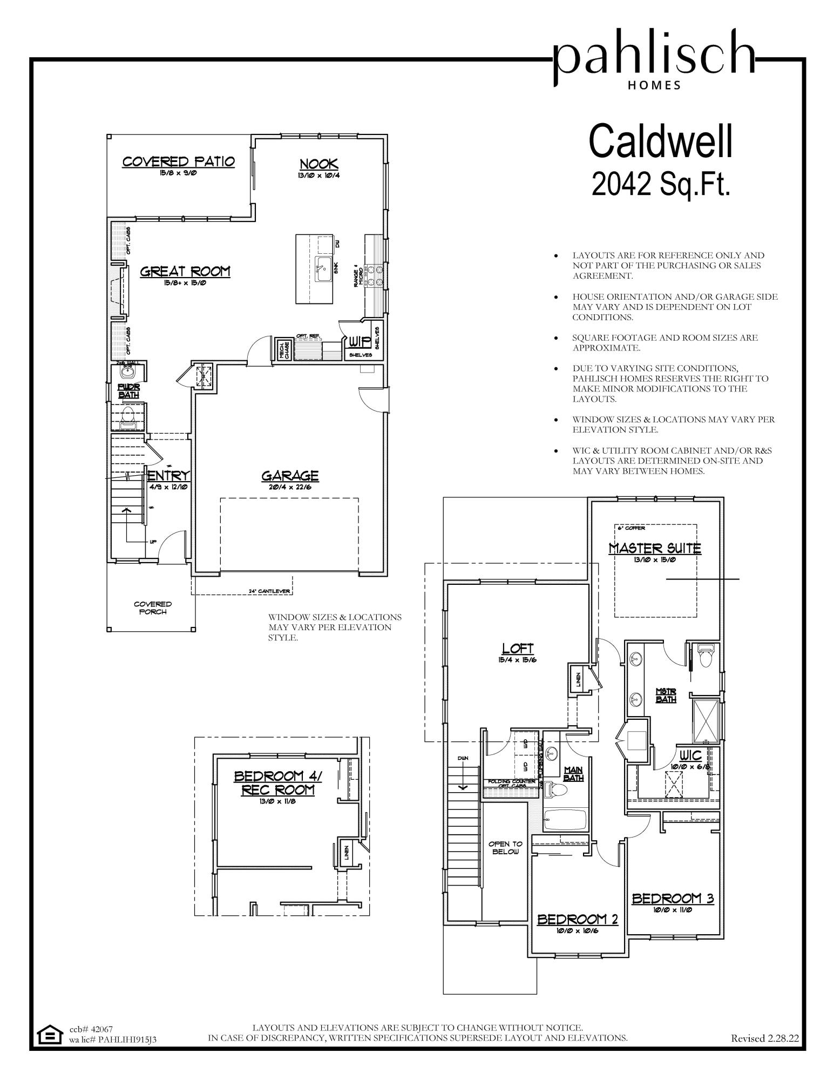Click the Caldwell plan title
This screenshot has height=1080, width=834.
661,141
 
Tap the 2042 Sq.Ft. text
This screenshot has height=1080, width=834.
661,185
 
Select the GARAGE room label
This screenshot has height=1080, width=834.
290,476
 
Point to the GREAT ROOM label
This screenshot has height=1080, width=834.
185,271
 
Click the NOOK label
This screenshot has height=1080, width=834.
318,164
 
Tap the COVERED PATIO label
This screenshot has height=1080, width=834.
178,161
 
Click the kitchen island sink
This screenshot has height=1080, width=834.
323,269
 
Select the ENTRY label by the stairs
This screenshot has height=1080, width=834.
169,476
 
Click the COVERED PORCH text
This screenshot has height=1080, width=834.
153,607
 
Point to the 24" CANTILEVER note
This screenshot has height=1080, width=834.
270,591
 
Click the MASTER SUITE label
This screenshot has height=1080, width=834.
655,549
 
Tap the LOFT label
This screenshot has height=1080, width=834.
518,649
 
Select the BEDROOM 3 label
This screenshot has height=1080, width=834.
673,899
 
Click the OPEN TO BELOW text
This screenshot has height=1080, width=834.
505,847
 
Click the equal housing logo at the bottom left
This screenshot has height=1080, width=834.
50,1035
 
